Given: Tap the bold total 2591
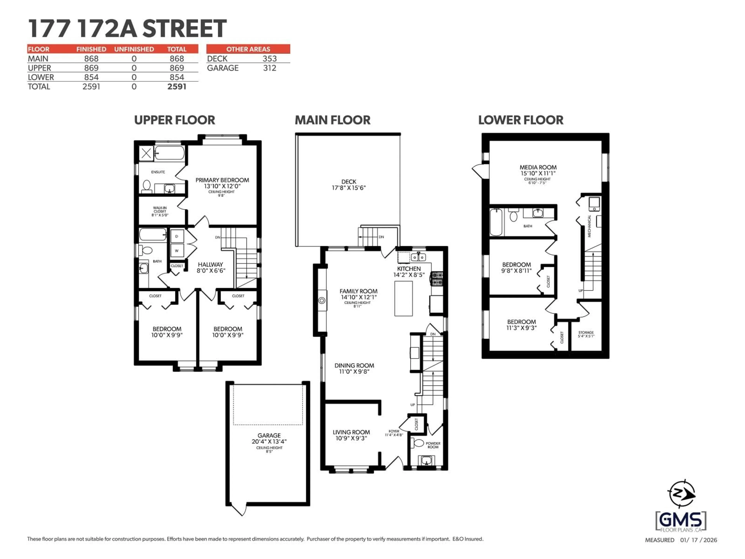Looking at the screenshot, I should (x=177, y=87).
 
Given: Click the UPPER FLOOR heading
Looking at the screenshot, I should (x=174, y=120).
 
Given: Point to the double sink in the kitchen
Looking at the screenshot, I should (x=418, y=257).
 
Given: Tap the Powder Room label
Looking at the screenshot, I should (x=433, y=445).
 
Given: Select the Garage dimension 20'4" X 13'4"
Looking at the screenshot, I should (x=269, y=441).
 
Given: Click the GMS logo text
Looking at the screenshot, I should (x=680, y=520).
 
